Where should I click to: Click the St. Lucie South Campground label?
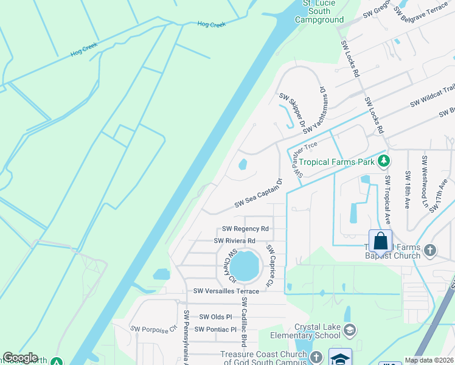(x=319, y=12)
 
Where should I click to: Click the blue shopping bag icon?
(x=380, y=241)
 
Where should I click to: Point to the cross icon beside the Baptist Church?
(x=430, y=249)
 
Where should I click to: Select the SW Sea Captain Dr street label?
(x=259, y=193)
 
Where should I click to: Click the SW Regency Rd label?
(x=245, y=229)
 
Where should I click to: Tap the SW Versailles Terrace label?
(x=226, y=291)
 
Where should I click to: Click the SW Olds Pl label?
(x=216, y=317)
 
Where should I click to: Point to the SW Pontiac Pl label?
(x=215, y=329)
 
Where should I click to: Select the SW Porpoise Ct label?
(x=153, y=329)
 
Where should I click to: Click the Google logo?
(x=20, y=358)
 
